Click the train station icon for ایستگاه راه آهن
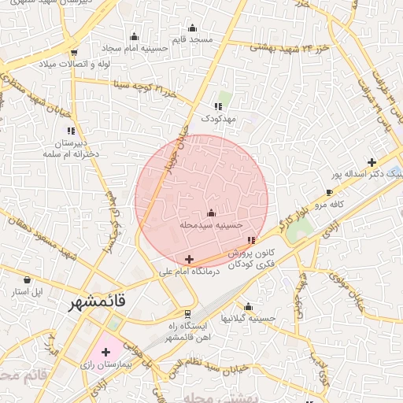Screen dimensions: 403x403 187,313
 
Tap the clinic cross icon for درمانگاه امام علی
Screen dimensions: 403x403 189,259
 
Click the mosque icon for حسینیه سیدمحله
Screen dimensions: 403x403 210,213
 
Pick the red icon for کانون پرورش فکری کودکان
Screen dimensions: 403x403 251,240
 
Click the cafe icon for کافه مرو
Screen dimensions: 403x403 329,192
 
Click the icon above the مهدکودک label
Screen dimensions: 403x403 217,106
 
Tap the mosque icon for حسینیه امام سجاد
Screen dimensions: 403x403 134,36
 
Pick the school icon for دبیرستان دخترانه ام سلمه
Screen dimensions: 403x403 71,131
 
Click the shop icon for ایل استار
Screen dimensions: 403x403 28,279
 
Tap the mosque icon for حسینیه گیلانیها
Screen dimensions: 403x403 249,307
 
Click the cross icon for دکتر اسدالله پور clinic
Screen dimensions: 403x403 372,162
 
